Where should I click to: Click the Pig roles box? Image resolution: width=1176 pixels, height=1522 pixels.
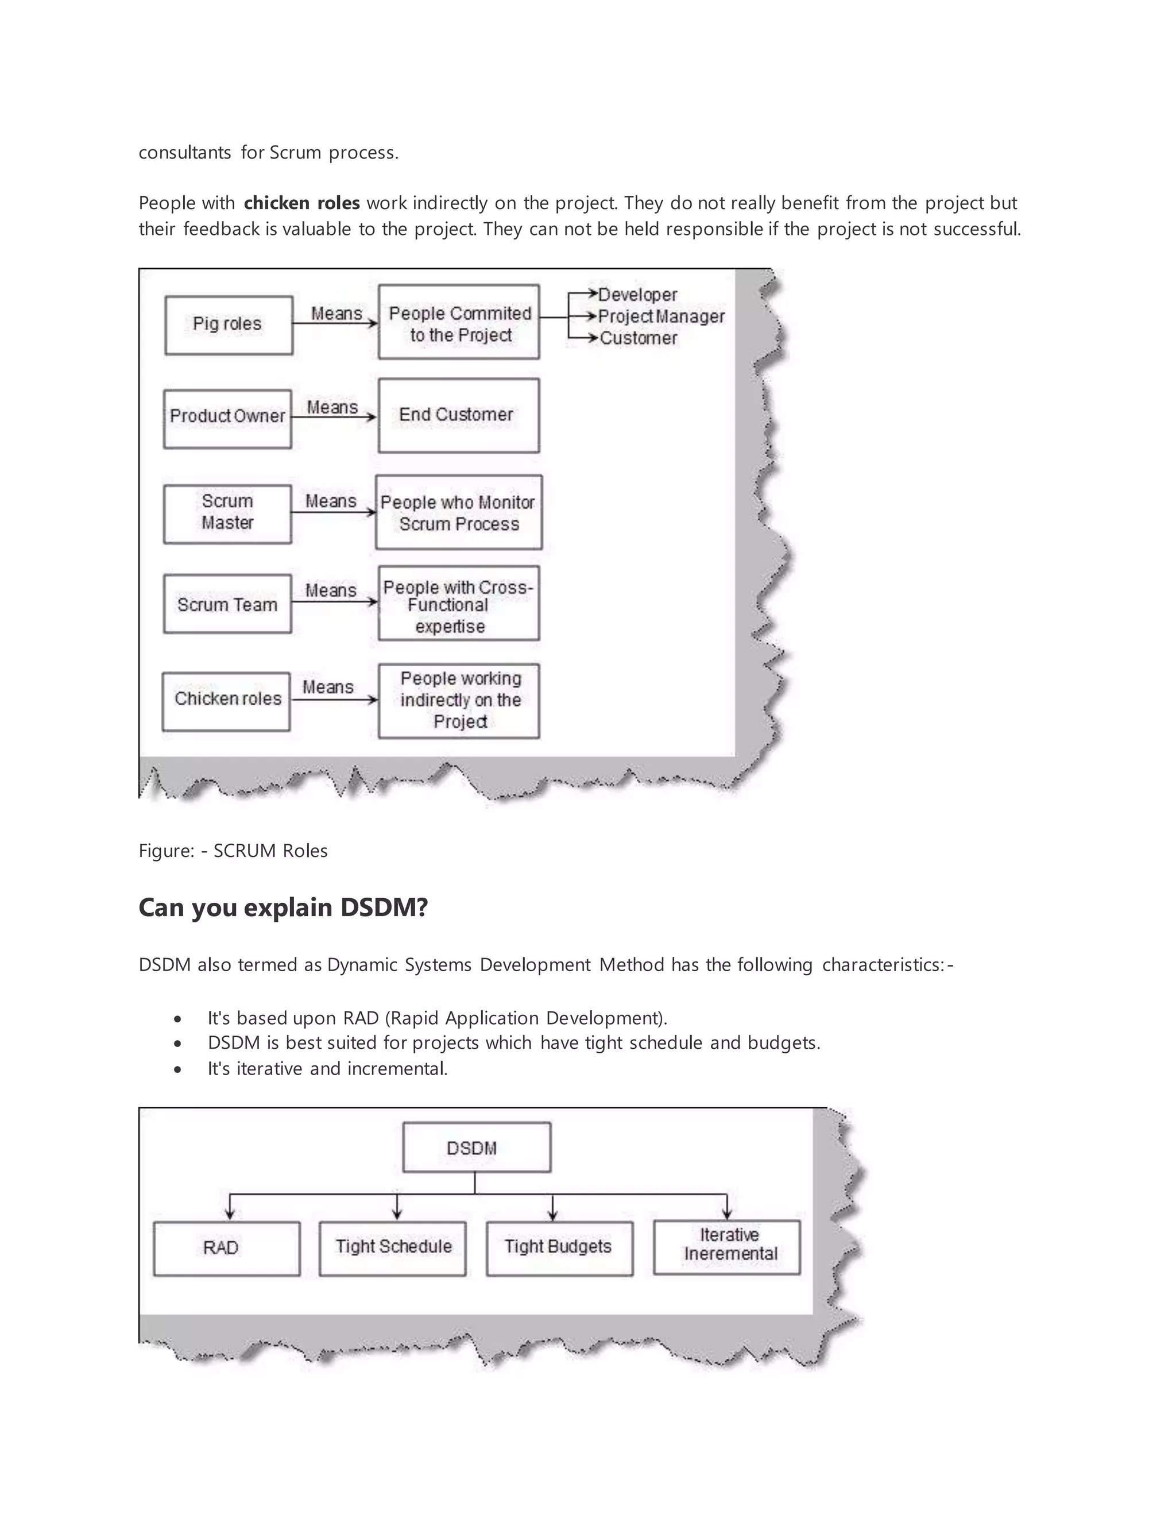click(x=229, y=325)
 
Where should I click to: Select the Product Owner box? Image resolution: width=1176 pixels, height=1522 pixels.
click(x=227, y=418)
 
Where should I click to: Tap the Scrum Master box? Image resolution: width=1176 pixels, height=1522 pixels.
click(x=227, y=513)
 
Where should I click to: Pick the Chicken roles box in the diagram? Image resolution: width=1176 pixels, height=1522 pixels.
click(x=226, y=701)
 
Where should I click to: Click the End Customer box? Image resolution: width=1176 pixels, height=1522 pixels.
click(x=458, y=415)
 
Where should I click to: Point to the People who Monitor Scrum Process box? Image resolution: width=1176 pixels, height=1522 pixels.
click(x=458, y=513)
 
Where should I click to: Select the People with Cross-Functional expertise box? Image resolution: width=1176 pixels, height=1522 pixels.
click(x=458, y=604)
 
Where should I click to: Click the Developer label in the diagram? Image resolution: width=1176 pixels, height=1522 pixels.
click(x=637, y=295)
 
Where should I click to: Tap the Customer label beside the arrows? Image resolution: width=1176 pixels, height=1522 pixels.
click(x=638, y=339)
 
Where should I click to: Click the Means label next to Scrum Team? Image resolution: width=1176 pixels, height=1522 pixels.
click(x=330, y=590)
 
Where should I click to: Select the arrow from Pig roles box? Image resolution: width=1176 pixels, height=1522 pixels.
click(x=334, y=323)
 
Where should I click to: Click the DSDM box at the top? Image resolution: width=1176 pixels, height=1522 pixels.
click(x=477, y=1147)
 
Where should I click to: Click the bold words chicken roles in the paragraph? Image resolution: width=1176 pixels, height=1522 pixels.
click(x=301, y=203)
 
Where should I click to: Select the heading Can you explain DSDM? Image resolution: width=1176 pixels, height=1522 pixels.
click(x=283, y=907)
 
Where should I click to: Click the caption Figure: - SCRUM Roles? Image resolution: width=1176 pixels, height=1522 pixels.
click(x=233, y=851)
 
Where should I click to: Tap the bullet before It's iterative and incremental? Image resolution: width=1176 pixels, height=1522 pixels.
click(x=179, y=1069)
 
